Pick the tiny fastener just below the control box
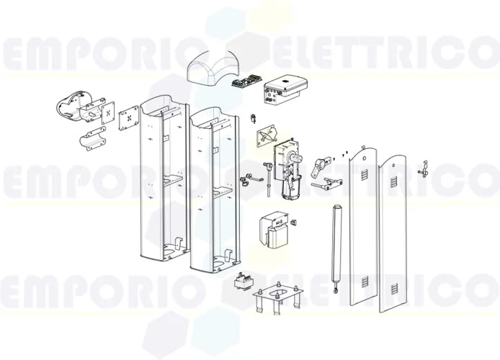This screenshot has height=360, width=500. click(252, 117)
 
